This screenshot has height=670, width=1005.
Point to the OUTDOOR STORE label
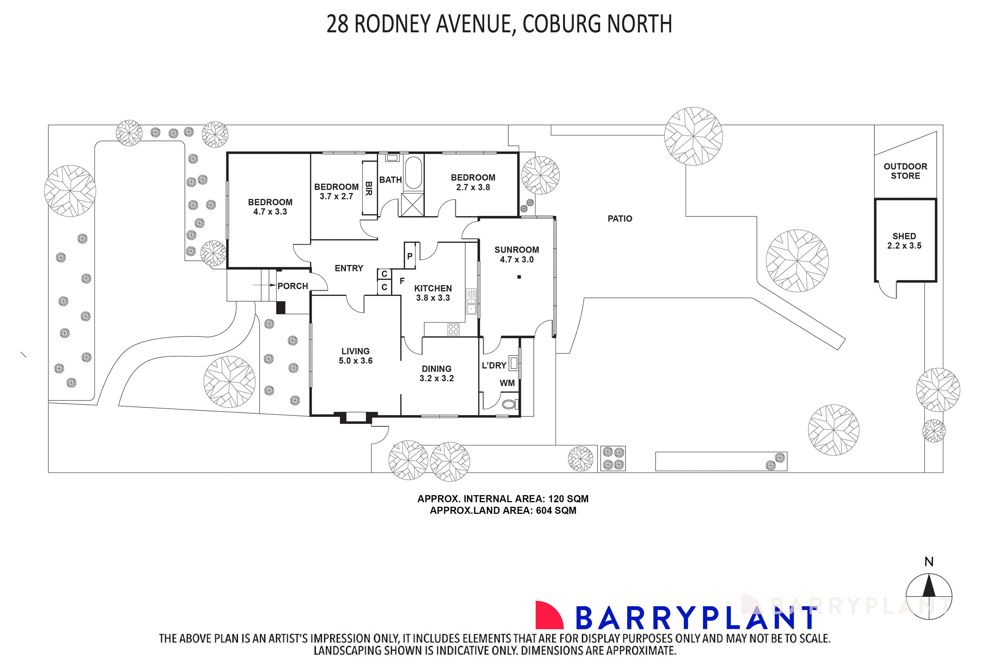pos(905,171)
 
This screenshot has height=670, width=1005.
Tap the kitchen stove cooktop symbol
pos(453,329)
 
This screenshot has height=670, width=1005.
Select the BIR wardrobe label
pos(368,188)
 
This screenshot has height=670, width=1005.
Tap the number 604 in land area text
pos(544,511)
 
